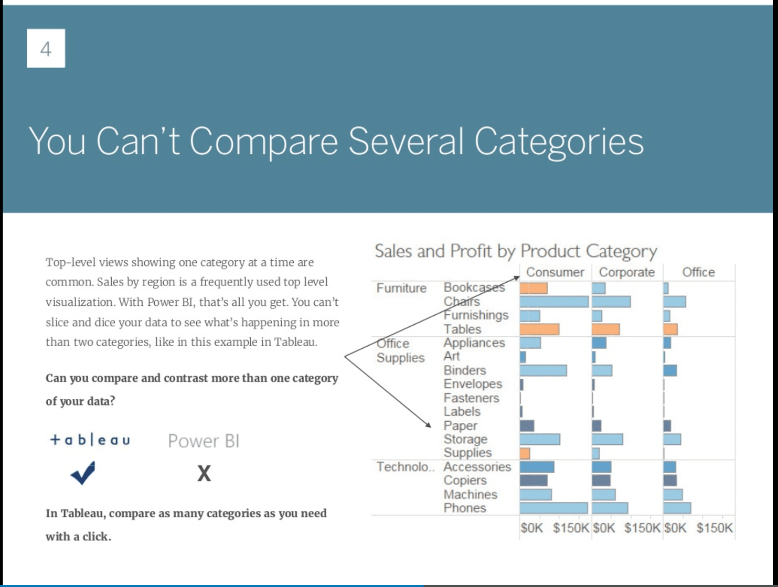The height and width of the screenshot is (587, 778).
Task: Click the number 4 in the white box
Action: point(46,49)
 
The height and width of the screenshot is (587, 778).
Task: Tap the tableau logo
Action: point(90,440)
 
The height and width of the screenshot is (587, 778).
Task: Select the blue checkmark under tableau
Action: point(83,473)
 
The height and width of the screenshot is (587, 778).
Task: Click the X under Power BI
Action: point(204,474)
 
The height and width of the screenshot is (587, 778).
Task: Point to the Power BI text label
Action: point(204,441)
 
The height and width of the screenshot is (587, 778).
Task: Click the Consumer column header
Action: point(555,272)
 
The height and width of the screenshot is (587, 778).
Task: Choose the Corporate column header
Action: point(626,272)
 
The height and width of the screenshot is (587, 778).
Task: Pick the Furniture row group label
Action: point(401,288)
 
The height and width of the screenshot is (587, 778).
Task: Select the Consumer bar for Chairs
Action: point(554,302)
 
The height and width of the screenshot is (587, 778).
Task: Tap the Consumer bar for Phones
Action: point(553,508)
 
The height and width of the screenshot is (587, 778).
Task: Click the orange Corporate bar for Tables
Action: point(605,329)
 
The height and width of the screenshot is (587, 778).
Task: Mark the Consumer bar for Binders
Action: point(543,370)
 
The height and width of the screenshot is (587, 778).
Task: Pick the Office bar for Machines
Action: point(673,494)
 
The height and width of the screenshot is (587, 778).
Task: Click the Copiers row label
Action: point(465,481)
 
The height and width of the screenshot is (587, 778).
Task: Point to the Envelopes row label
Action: point(473,384)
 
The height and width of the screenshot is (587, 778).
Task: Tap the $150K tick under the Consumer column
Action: point(571,528)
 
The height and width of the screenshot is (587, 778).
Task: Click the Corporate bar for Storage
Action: point(607,439)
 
